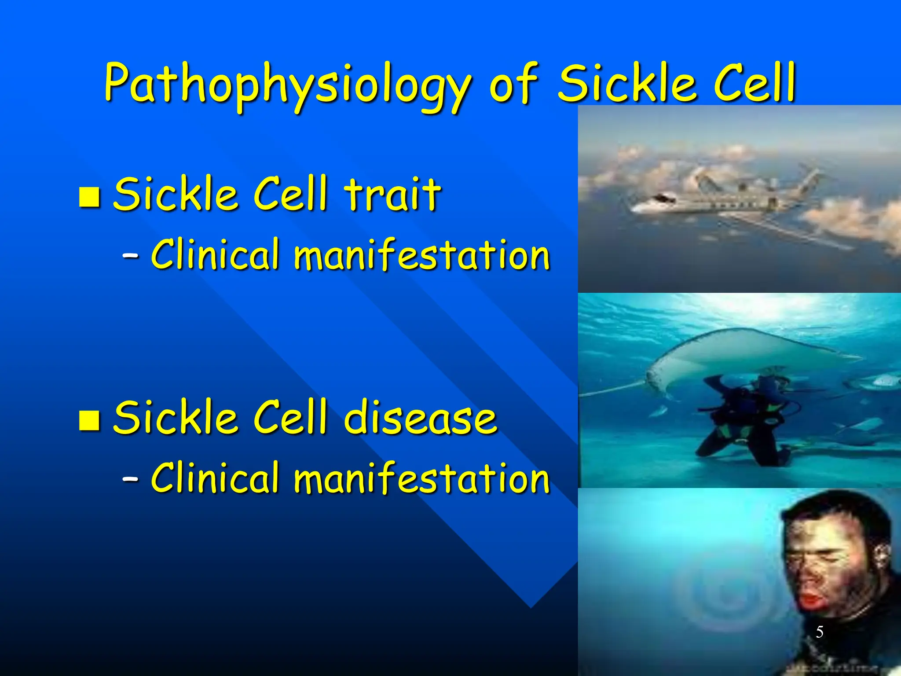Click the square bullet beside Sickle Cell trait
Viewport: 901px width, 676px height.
(89, 197)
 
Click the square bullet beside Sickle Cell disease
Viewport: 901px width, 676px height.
(89, 420)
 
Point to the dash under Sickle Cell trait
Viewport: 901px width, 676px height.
(130, 255)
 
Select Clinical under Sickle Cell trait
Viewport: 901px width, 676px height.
(215, 254)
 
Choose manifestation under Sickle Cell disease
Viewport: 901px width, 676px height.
(421, 478)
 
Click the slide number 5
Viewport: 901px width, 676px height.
(819, 632)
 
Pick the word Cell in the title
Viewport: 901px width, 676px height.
(754, 84)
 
